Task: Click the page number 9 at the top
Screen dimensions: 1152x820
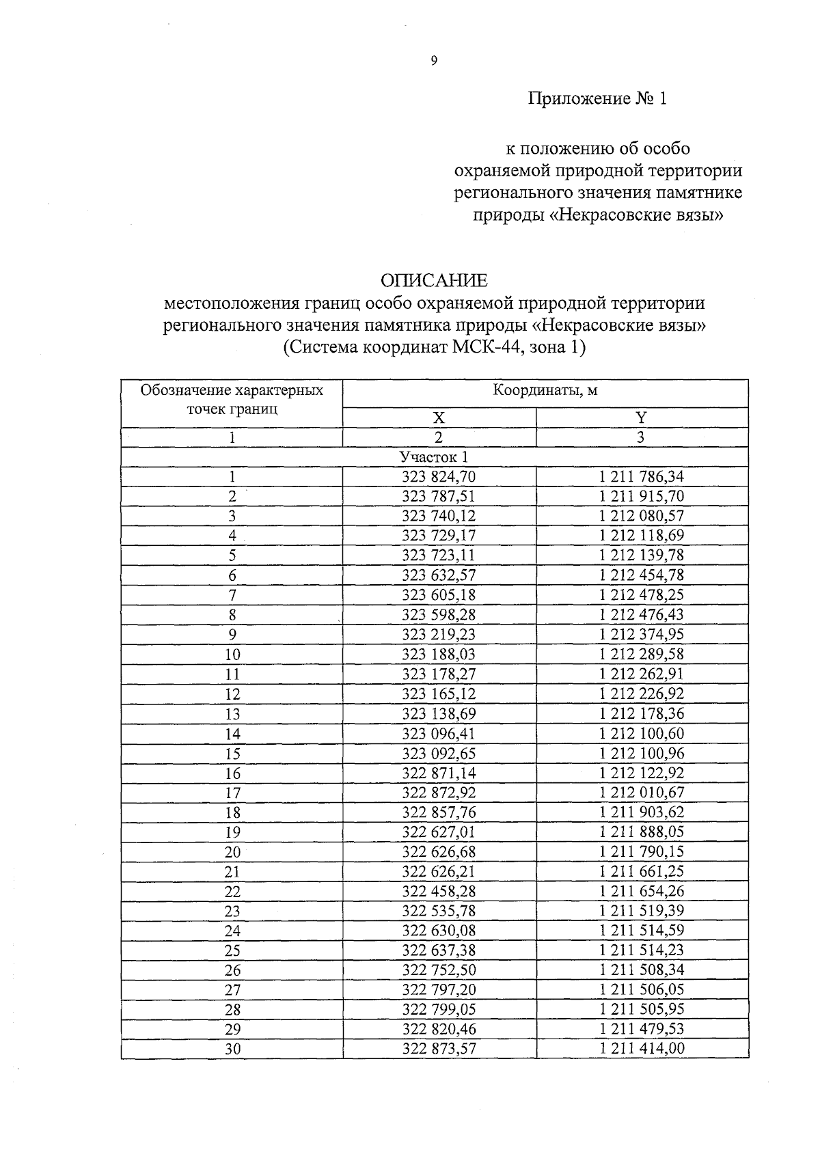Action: [x=433, y=61]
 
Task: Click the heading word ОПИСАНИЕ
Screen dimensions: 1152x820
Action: [x=434, y=281]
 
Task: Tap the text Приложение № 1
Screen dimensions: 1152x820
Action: [x=597, y=99]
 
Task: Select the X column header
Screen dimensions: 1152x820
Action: [x=439, y=418]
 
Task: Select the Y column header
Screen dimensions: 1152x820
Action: [x=641, y=418]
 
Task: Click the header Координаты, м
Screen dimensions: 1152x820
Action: [x=545, y=391]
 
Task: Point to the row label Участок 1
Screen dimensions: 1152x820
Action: [x=434, y=457]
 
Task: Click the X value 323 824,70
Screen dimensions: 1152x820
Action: [x=439, y=477]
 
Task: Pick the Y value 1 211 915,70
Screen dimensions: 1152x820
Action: [x=641, y=497]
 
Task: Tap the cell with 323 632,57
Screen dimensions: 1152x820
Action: [x=439, y=575]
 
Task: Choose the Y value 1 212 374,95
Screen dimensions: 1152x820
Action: [x=641, y=635]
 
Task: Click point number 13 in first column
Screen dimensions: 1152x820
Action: [x=232, y=714]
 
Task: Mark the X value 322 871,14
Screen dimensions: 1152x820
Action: [x=439, y=773]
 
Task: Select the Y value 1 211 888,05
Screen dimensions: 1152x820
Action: [x=641, y=832]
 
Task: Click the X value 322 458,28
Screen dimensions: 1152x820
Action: [x=439, y=892]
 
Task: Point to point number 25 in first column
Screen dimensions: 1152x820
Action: [x=232, y=950]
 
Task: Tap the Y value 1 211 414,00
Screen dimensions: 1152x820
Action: [x=641, y=1049]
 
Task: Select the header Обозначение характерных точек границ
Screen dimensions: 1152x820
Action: [x=232, y=400]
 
